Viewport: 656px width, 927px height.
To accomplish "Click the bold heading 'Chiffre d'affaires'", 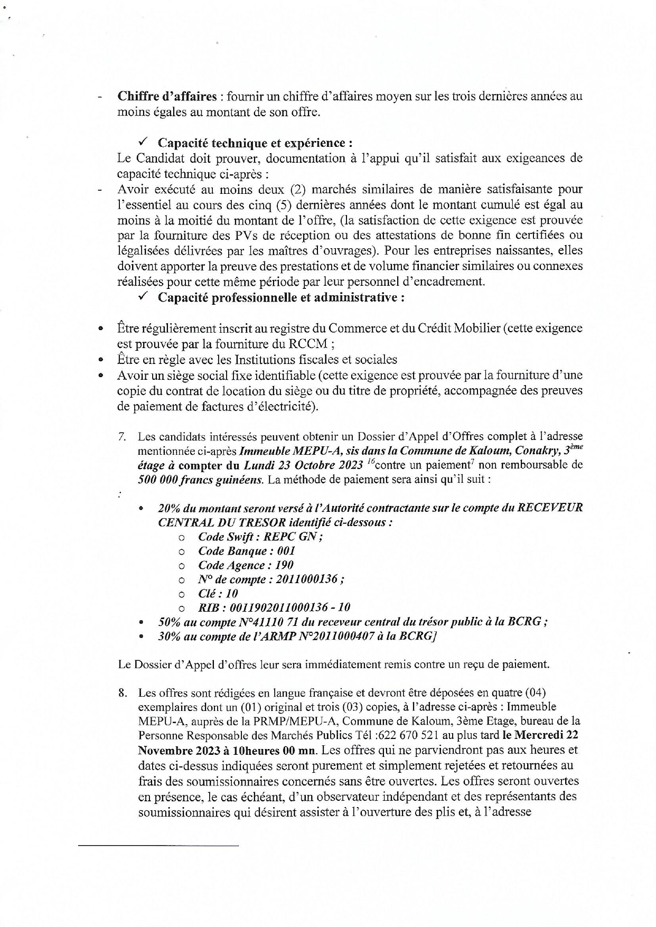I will [x=167, y=97].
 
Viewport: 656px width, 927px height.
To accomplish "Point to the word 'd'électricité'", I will [x=283, y=406].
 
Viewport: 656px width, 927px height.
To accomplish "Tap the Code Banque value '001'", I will [x=286, y=551].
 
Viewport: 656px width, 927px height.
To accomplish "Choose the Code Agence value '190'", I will [x=284, y=565].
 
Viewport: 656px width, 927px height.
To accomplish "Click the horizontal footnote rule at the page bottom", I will [x=158, y=846].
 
